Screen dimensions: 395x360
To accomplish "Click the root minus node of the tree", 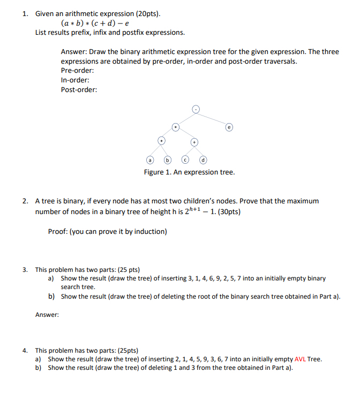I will click(196, 110).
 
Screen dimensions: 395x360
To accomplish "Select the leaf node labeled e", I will click(229, 127).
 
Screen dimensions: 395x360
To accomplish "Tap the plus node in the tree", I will click(194, 142).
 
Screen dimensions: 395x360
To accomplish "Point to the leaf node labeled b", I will click(167, 159).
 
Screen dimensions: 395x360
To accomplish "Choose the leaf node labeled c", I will click(185, 159).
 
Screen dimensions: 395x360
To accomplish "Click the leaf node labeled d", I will click(203, 159).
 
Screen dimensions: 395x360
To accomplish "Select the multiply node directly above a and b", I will click(161, 140).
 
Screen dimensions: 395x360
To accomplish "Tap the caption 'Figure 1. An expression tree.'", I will click(189, 172).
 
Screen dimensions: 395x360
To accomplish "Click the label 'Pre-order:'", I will click(78, 71).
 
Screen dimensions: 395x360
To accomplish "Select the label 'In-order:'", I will click(75, 80).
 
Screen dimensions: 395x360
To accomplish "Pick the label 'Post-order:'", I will click(79, 89).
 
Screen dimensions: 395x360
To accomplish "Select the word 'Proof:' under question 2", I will click(58, 232).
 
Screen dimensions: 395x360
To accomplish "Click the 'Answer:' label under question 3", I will click(47, 315).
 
